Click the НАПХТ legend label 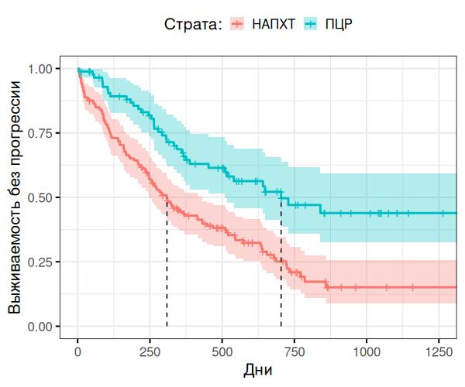[x=273, y=24]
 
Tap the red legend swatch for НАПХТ [x=236, y=24]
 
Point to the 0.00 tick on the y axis [x=48, y=327]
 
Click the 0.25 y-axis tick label [x=48, y=262]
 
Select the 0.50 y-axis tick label [x=48, y=197]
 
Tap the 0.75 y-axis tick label [x=48, y=133]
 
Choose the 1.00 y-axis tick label [x=48, y=69]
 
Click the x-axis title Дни [x=258, y=371]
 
